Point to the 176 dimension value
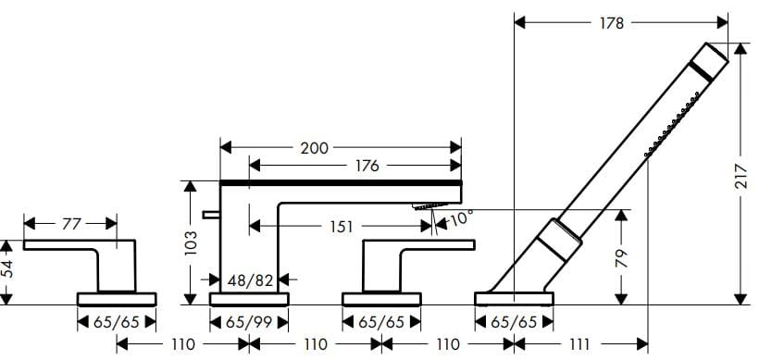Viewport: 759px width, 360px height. pyautogui.click(x=367, y=167)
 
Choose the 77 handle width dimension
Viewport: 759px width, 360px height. pyautogui.click(x=71, y=223)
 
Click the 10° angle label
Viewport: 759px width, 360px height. pyautogui.click(x=460, y=219)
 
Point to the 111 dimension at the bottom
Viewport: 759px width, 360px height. pyautogui.click(x=579, y=344)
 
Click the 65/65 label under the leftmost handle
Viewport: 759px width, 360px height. pyautogui.click(x=117, y=323)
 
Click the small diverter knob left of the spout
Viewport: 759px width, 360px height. pyautogui.click(x=211, y=215)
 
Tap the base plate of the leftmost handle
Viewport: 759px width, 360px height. pyautogui.click(x=117, y=298)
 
